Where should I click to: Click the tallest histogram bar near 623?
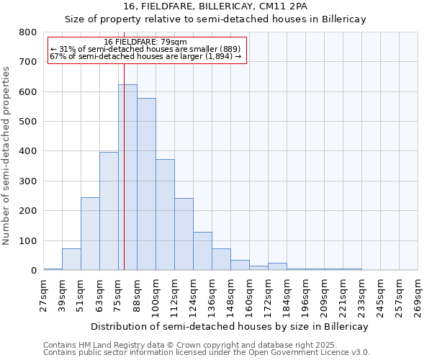coord(127,177)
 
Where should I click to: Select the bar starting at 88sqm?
coord(146,184)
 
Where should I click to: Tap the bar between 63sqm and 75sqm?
coord(109,211)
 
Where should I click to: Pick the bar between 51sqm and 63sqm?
coord(90,234)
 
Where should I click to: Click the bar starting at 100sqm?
coord(165,215)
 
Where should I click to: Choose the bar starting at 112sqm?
coord(184,234)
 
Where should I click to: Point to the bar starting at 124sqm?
coord(202,251)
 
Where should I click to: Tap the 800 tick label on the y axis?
coord(28,32)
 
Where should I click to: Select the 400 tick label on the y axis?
coord(28,151)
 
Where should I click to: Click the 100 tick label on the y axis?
coord(28,240)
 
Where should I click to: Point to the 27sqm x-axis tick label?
coord(44,296)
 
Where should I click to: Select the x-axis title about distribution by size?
coord(230,326)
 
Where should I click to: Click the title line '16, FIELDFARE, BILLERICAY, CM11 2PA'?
coord(215,6)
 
